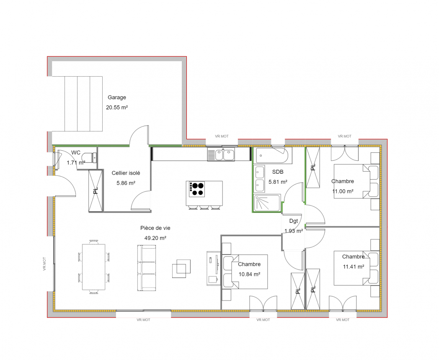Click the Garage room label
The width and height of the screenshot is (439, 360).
(x=117, y=98)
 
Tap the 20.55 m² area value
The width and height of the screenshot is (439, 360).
(x=117, y=108)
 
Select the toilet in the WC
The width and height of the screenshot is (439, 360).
(x=90, y=157)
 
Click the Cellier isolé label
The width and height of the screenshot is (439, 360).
(x=126, y=173)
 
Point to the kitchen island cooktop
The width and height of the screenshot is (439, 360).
(x=197, y=189)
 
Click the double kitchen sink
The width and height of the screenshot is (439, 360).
(x=221, y=154)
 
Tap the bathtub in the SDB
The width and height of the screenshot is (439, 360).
(x=272, y=155)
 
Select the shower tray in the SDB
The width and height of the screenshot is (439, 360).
(x=267, y=203)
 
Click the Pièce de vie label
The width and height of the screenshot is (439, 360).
(x=155, y=228)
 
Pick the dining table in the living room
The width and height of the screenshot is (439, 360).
(x=93, y=267)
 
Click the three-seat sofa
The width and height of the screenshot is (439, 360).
(x=147, y=268)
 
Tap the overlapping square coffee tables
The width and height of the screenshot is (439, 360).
(x=181, y=268)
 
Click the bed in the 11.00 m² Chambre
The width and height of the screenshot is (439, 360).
(x=356, y=181)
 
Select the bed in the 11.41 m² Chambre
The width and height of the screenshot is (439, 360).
(x=356, y=268)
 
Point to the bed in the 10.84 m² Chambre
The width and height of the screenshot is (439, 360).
(x=245, y=272)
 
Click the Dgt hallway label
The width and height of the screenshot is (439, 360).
(x=293, y=221)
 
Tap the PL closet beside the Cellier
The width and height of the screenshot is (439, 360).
(x=96, y=191)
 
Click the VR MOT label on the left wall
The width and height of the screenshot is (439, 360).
(x=44, y=264)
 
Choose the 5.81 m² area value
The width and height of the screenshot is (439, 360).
(x=278, y=182)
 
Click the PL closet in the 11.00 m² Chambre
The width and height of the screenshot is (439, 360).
(x=313, y=167)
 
